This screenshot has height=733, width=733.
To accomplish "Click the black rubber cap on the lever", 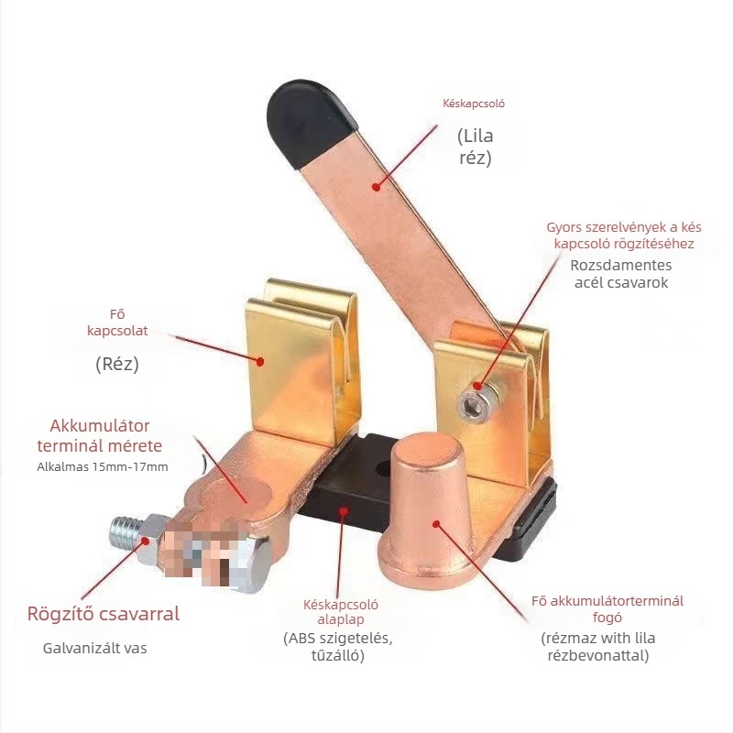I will (x=307, y=118).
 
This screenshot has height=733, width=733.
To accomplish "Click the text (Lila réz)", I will (x=475, y=147).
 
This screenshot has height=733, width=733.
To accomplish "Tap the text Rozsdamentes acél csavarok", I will (x=621, y=274).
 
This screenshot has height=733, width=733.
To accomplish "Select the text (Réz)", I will (x=117, y=364).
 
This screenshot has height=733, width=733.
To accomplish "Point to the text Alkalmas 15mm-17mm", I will (x=103, y=467).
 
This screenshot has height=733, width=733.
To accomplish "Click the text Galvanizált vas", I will (x=94, y=649).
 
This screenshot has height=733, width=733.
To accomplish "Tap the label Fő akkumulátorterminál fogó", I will (x=607, y=609).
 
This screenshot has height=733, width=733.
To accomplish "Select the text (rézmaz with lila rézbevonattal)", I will (x=598, y=646).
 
